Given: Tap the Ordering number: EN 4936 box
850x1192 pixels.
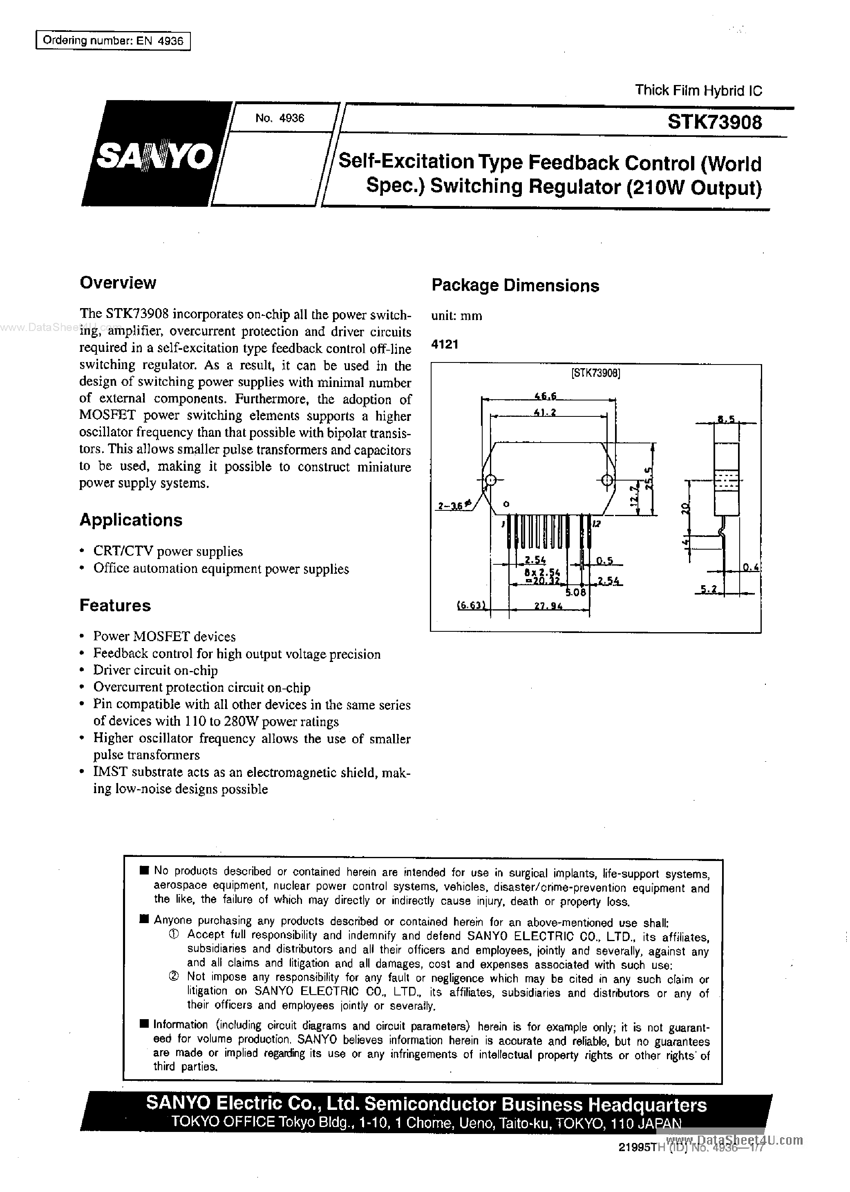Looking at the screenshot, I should (x=112, y=41).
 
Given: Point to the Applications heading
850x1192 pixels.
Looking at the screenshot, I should (x=131, y=520).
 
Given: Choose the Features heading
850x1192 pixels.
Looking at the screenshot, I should (x=115, y=606).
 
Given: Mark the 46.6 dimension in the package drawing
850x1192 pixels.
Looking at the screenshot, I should (x=544, y=397).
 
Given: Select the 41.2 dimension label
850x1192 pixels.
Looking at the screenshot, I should (x=544, y=412).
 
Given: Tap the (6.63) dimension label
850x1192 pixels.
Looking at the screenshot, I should (x=472, y=606).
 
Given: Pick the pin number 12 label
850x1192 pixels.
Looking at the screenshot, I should (x=596, y=524).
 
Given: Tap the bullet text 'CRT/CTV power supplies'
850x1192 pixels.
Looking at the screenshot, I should (x=168, y=552).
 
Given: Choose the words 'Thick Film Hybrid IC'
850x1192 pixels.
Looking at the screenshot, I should (x=698, y=91).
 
